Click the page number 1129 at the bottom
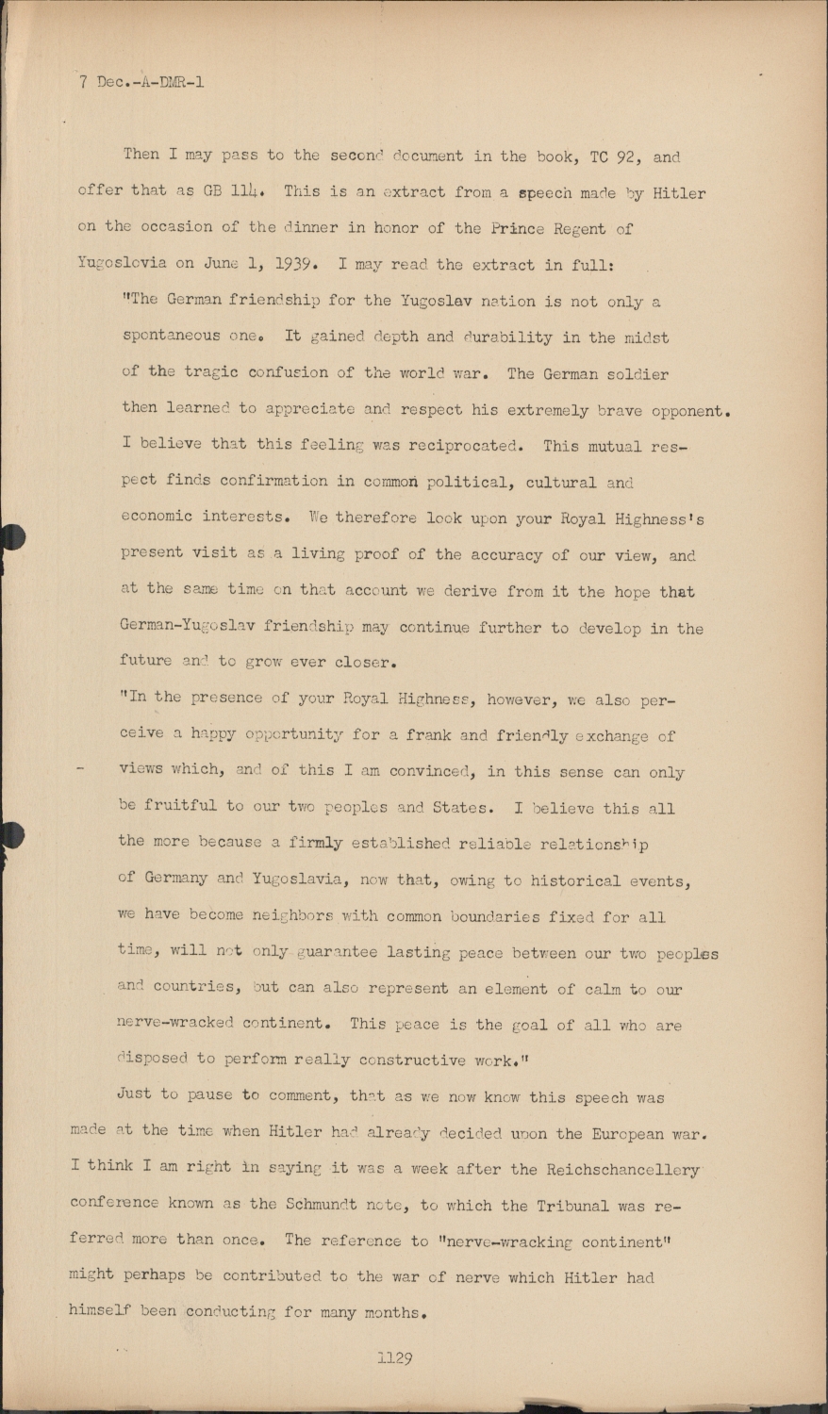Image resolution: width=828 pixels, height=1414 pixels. (394, 1358)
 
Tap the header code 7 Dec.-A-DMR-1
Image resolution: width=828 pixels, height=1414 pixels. (141, 82)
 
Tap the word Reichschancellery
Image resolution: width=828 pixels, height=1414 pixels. (622, 1170)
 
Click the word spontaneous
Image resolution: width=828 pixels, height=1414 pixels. (171, 337)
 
